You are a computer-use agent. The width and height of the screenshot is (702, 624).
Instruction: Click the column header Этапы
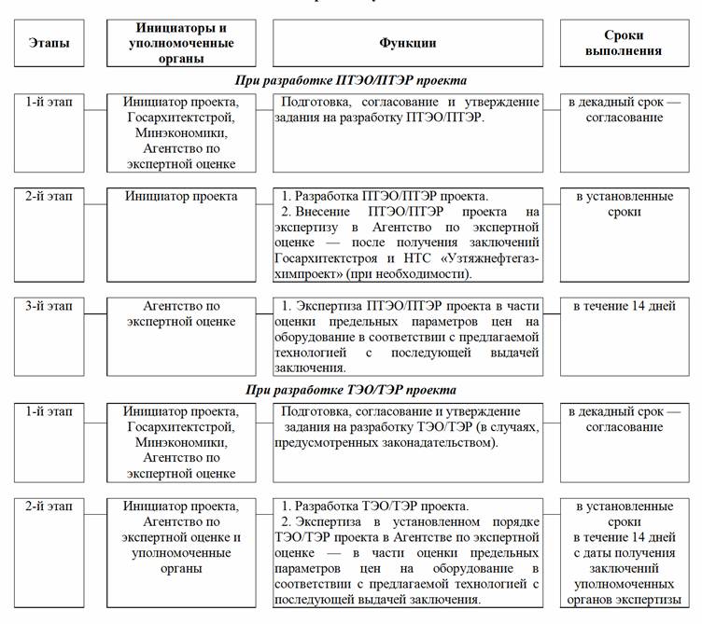pos(49,43)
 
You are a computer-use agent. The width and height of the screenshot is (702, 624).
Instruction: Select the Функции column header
pos(407,43)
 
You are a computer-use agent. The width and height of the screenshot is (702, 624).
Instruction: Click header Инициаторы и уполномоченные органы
pos(183,43)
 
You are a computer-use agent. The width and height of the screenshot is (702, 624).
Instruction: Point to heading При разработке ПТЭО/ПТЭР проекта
pos(350,81)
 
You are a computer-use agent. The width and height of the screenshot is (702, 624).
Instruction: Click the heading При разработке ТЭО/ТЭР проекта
pos(350,390)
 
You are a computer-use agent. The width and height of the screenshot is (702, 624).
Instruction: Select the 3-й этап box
pos(49,307)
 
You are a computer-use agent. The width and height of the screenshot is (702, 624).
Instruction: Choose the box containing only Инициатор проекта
pos(183,197)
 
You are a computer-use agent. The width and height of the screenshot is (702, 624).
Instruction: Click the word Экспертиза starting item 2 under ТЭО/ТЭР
pos(329,521)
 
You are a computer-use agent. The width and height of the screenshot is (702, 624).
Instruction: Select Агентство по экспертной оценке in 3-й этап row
pos(183,314)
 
